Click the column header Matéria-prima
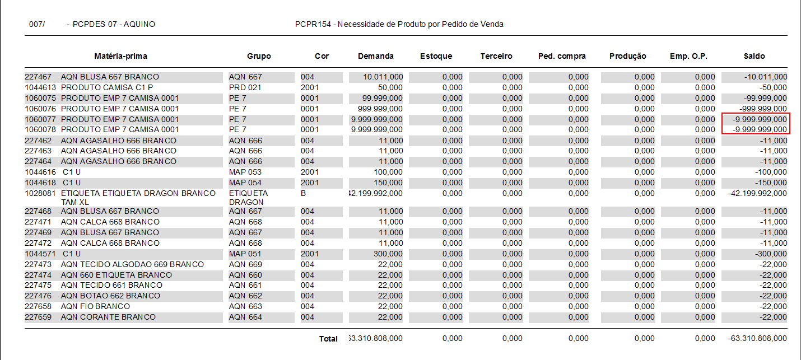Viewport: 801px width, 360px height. (120, 56)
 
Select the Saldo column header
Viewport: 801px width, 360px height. (754, 56)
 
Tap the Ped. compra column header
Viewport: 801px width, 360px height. (562, 56)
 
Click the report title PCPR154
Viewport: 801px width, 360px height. (399, 25)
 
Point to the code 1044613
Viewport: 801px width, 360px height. (40, 87)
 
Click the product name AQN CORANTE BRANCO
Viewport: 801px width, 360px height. (108, 317)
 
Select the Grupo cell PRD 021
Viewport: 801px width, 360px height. (245, 87)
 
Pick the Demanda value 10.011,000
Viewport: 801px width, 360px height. (383, 77)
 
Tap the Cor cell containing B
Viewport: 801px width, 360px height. (304, 193)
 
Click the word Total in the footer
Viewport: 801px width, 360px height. (328, 339)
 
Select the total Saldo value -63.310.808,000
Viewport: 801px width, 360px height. (757, 339)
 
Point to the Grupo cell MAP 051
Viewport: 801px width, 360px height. (245, 254)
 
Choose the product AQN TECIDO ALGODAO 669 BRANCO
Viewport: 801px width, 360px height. (132, 264)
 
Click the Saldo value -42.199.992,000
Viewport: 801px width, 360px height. (757, 194)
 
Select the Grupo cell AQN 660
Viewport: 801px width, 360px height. (245, 275)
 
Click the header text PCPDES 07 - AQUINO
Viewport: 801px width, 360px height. (114, 25)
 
